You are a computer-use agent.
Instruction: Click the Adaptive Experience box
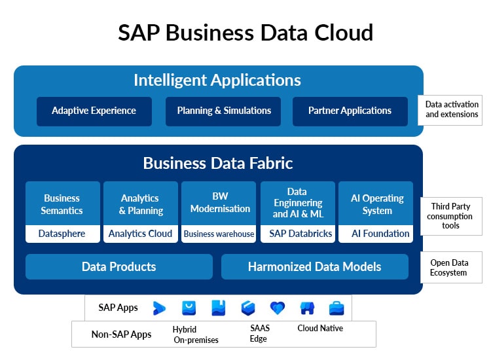[x=94, y=111]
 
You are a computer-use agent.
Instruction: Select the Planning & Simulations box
[x=223, y=111]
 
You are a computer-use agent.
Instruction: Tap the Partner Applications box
[x=350, y=111]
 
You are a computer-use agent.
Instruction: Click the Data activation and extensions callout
[x=450, y=110]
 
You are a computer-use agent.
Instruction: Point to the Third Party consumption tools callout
[x=451, y=216]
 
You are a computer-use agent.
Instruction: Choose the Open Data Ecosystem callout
[x=451, y=267]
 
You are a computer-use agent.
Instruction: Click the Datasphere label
[x=62, y=234]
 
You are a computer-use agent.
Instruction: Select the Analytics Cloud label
[x=140, y=234]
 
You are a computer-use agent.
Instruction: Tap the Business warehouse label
[x=219, y=234]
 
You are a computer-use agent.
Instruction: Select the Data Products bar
[x=119, y=266]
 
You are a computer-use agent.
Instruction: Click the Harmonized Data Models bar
[x=315, y=266]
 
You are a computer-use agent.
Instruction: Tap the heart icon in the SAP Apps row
[x=278, y=308]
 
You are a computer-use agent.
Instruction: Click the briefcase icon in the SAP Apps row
[x=336, y=308]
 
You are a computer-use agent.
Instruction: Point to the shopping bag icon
[x=189, y=308]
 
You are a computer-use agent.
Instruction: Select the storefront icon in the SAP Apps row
[x=307, y=308]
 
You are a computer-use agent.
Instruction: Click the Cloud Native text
[x=320, y=328]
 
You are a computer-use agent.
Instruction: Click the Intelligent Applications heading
[x=217, y=80]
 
